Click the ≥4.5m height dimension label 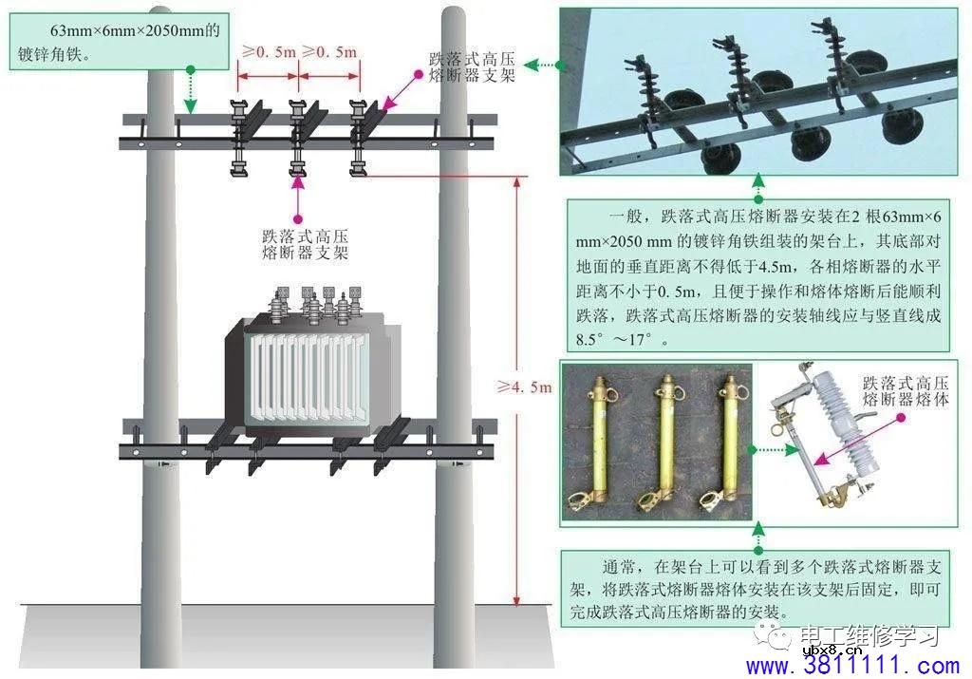point(524,387)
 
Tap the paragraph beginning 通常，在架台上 point(757,589)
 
